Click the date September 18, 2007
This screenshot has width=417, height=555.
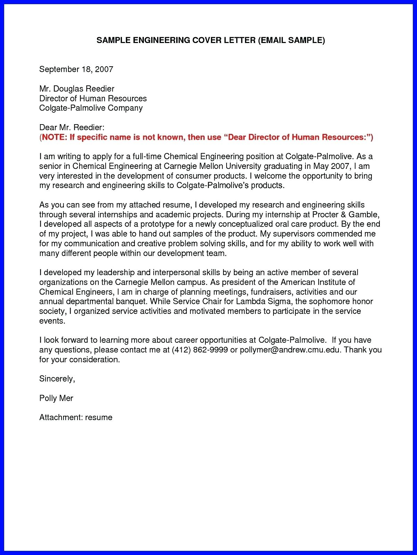(76, 69)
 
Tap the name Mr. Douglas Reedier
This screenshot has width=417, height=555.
(77, 88)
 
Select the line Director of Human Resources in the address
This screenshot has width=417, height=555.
(93, 98)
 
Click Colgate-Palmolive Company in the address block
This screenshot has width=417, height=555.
(91, 108)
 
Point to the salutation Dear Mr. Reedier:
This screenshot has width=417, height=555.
(72, 127)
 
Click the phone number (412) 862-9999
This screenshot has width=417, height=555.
(200, 350)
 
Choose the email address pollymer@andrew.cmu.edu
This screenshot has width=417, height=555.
(291, 350)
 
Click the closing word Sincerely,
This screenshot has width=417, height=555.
(57, 378)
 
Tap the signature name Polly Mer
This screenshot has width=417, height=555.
(56, 398)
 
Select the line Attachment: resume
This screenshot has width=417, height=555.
(76, 417)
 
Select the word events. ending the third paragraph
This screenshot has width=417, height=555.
(52, 321)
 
